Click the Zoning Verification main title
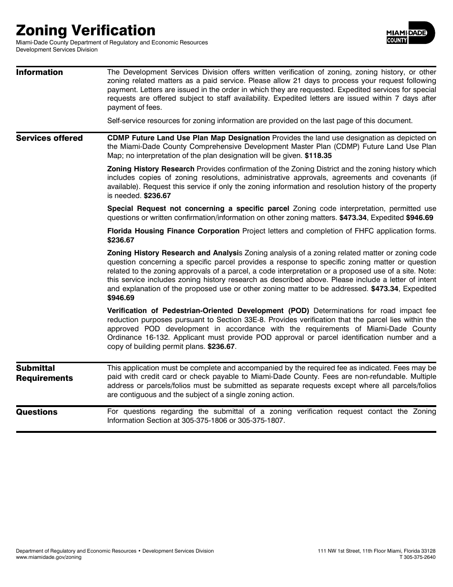click(x=86, y=30)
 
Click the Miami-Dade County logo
click(x=411, y=33)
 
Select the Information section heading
click(x=40, y=72)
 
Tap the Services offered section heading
click(x=50, y=138)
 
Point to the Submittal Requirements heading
click(x=44, y=373)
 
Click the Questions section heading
click(x=37, y=412)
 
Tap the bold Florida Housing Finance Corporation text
click(x=173, y=231)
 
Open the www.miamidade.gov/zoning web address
click(x=49, y=557)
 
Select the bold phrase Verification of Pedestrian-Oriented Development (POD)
click(x=208, y=310)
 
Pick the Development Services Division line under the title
click(x=57, y=49)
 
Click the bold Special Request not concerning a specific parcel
click(x=198, y=209)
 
